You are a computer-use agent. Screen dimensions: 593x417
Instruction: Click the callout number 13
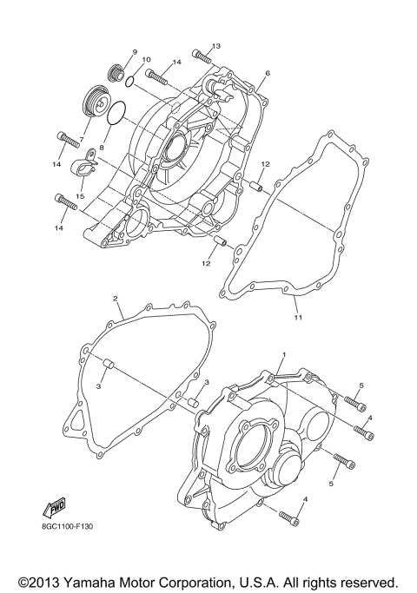[x=216, y=45]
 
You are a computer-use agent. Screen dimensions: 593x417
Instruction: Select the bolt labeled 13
[x=202, y=58]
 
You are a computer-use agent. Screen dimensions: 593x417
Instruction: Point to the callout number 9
[x=136, y=52]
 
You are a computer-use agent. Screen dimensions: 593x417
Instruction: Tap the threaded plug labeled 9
[x=112, y=72]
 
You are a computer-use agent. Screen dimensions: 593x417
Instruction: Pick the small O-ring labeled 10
[x=129, y=82]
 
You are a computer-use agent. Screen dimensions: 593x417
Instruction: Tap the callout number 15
[x=79, y=197]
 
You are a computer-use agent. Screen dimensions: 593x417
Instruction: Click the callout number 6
[x=268, y=74]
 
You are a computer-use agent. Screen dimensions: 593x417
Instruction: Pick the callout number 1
[x=282, y=356]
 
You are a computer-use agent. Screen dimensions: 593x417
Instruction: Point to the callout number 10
[x=146, y=60]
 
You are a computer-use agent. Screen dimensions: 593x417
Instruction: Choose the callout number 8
[x=102, y=148]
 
